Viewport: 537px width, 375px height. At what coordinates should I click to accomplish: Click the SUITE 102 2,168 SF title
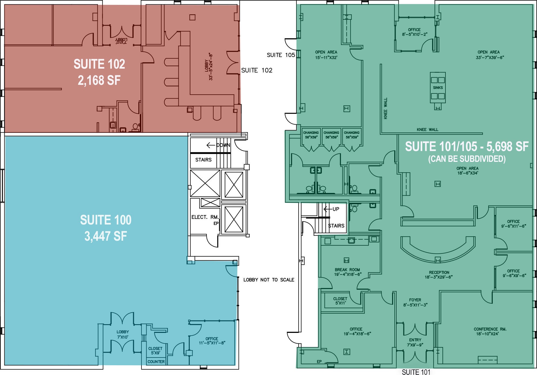click(x=99, y=72)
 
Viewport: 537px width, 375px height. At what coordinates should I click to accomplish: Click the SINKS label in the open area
click(x=438, y=88)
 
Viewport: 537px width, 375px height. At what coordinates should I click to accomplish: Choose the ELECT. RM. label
click(x=205, y=217)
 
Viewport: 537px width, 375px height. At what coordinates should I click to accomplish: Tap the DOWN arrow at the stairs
click(x=211, y=145)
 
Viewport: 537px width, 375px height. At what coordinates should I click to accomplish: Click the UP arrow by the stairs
click(x=327, y=209)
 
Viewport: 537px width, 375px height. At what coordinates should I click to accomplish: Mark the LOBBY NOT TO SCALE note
click(x=269, y=280)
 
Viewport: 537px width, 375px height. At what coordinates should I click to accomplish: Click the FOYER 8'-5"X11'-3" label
click(x=415, y=302)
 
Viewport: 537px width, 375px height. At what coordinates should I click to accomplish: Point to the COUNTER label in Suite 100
click(x=156, y=361)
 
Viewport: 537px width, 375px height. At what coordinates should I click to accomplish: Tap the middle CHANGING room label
click(x=331, y=135)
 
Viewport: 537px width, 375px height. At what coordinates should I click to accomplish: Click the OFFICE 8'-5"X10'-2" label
click(x=414, y=32)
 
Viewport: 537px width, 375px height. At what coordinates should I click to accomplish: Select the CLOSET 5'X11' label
click(x=340, y=301)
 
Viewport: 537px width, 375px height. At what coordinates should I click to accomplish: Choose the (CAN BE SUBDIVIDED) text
click(x=467, y=159)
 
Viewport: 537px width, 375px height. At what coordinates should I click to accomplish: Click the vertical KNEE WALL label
click(x=386, y=108)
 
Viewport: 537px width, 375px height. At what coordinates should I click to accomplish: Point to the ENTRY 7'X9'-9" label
click(x=415, y=342)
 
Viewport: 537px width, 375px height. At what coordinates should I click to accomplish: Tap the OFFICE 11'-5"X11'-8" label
click(x=212, y=341)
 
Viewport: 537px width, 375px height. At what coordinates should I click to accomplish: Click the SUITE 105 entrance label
click(x=281, y=55)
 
